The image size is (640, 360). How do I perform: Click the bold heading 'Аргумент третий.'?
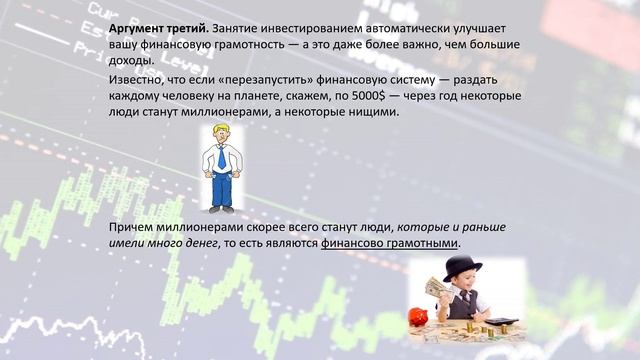pos(154,30)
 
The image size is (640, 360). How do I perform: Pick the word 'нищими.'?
pos(373,112)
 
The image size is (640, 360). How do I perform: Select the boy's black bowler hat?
pos(463,266)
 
